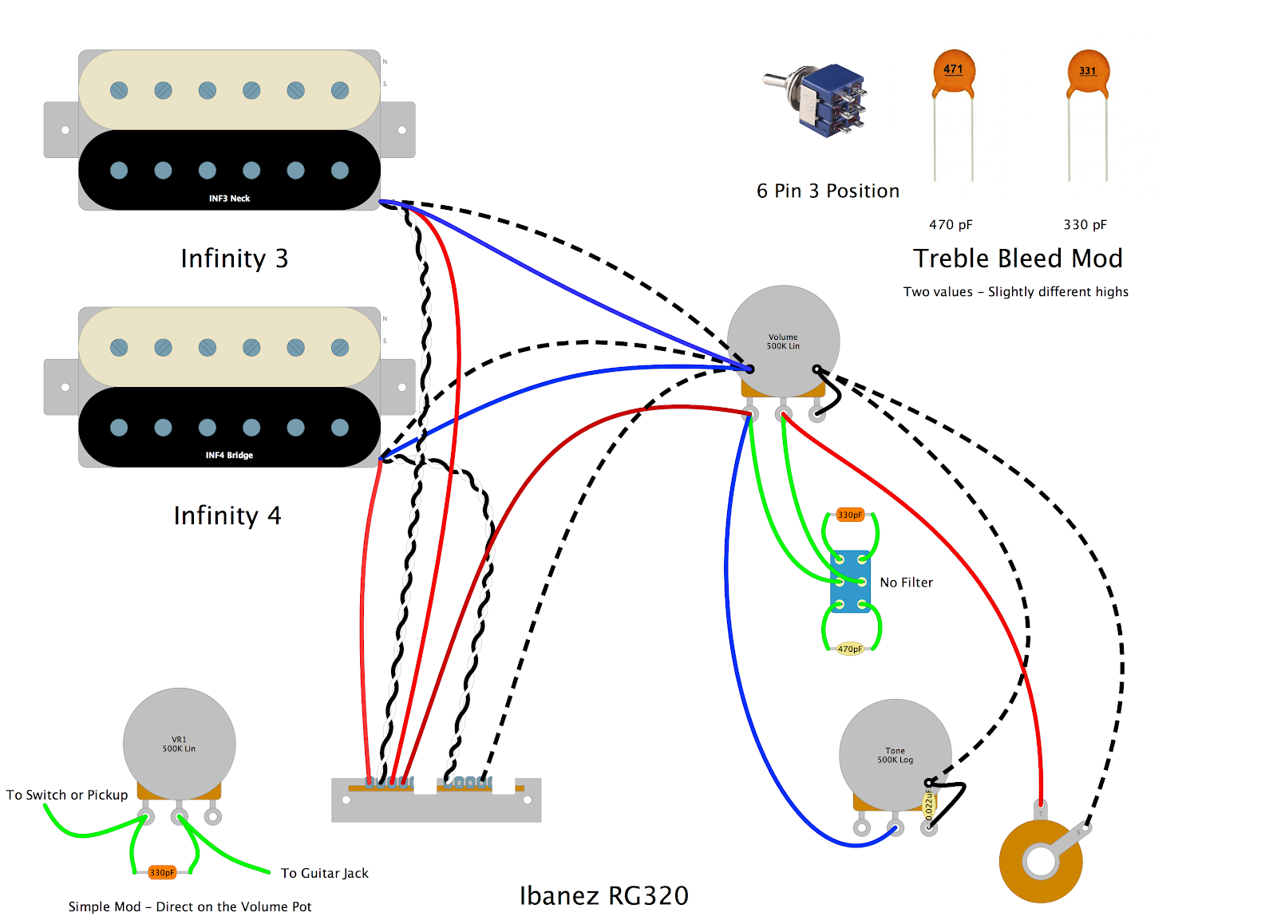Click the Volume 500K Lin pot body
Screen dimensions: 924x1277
[x=783, y=341]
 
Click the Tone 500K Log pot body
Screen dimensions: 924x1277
[x=895, y=754]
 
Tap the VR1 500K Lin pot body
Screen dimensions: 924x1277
[x=179, y=744]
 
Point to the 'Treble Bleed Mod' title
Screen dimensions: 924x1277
[x=1018, y=259]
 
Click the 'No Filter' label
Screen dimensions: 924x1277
[x=906, y=582]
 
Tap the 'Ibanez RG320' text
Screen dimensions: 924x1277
[x=603, y=895]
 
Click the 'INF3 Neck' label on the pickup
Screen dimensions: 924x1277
[x=229, y=198]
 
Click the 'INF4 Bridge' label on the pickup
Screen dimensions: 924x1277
[x=229, y=455]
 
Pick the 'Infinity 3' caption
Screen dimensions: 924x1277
[x=234, y=259]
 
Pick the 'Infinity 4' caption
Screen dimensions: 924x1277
[x=227, y=515]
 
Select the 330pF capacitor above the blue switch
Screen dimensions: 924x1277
[x=850, y=515]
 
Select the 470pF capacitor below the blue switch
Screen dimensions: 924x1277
[x=850, y=649]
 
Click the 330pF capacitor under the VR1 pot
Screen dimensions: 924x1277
[x=162, y=872]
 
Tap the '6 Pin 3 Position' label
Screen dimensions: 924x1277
[x=828, y=191]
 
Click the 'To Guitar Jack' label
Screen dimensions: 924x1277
[x=324, y=873]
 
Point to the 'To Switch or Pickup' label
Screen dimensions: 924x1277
[x=67, y=795]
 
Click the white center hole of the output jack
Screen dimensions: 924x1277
[x=1041, y=861]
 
